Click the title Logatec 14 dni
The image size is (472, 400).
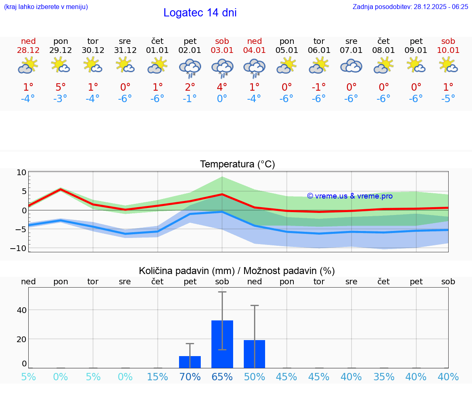tap(200, 13)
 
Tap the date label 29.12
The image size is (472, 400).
tap(61, 50)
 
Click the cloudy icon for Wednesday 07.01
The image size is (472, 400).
tap(351, 66)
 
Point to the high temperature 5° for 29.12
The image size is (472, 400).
tap(61, 87)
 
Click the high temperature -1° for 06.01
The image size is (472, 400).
tap(319, 87)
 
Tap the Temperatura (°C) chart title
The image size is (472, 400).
tap(237, 165)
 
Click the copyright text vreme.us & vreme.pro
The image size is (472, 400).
tap(350, 196)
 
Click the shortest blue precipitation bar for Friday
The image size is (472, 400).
tap(190, 362)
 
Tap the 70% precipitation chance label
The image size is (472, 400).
tap(190, 377)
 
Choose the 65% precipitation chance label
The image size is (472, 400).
tap(222, 377)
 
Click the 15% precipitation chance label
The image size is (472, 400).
tap(157, 377)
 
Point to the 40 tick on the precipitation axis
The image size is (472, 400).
tap(22, 310)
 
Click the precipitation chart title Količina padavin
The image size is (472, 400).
tap(237, 271)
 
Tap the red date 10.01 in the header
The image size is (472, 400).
tap(448, 50)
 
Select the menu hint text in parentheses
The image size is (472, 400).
tap(46, 7)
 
